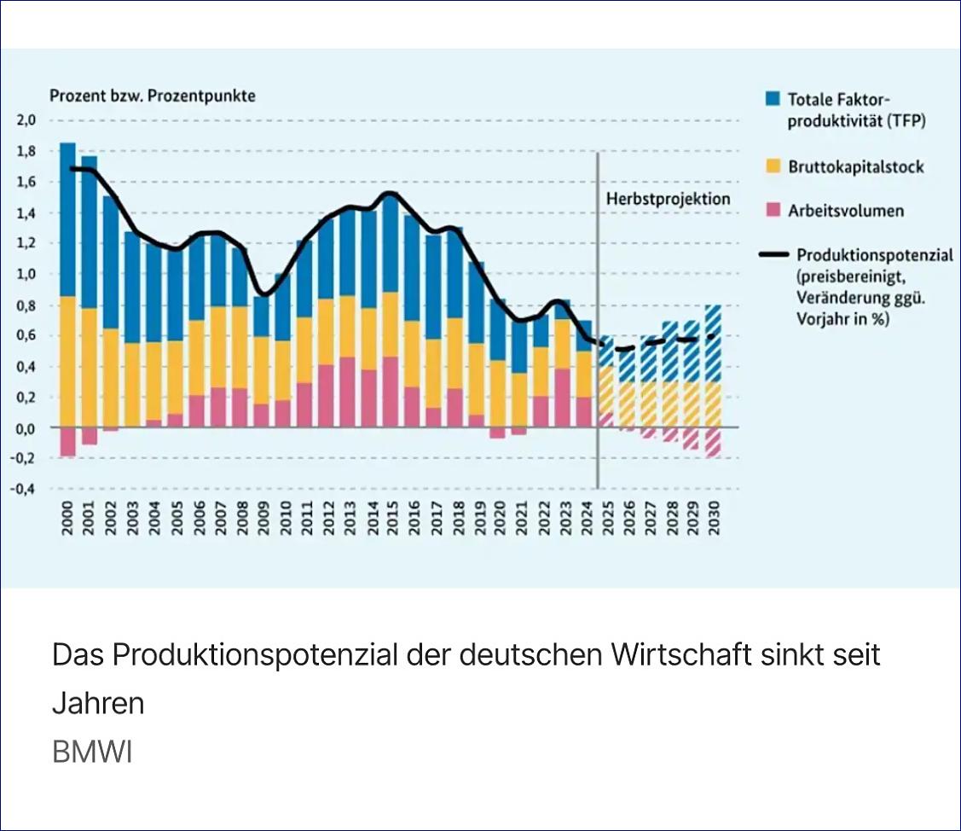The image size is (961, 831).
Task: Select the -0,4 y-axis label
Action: click(23, 490)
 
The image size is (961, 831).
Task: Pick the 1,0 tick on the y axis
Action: click(26, 274)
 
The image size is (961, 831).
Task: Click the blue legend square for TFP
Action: click(773, 98)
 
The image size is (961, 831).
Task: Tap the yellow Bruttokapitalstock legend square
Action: click(773, 166)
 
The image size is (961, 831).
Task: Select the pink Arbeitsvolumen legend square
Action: click(773, 210)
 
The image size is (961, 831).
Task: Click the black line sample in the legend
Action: click(773, 254)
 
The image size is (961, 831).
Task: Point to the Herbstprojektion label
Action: click(669, 198)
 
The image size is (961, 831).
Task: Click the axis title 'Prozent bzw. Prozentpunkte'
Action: click(153, 96)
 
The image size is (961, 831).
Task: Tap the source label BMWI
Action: click(92, 753)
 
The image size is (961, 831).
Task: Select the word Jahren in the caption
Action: click(98, 704)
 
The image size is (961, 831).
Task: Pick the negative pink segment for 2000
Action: click(67, 441)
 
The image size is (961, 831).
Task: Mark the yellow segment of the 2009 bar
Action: click(261, 369)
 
